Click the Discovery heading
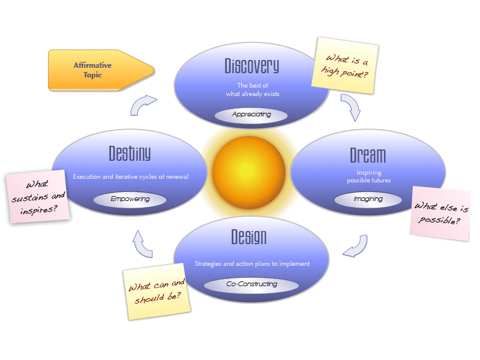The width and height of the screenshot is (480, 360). (251, 65)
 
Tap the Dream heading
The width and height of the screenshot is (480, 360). (368, 155)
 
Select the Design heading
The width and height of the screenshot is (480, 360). (248, 238)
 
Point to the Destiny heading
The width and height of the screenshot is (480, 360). (130, 154)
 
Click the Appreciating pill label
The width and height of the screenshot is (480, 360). (251, 114)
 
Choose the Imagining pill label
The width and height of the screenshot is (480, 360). (368, 199)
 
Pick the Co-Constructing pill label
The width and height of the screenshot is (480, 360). (251, 284)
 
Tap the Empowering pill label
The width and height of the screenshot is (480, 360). (130, 199)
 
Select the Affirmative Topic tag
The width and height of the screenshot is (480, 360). (96, 70)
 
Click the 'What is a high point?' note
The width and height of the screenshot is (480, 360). (345, 65)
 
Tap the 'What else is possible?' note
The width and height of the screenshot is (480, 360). (440, 214)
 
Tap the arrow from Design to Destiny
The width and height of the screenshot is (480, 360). (142, 243)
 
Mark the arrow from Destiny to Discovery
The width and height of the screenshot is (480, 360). (143, 104)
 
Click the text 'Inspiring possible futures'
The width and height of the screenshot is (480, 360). (368, 176)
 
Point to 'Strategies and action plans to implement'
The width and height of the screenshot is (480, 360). (251, 263)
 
